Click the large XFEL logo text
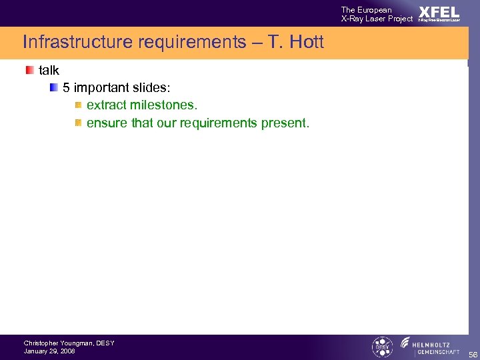(439, 12)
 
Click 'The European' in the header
(366, 9)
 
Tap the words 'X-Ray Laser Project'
(377, 19)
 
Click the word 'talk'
(49, 70)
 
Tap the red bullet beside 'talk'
(29, 70)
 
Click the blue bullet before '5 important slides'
(53, 87)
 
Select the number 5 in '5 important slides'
(66, 88)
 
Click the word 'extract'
(107, 105)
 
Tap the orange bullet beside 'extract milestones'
(78, 105)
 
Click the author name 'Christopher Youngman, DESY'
(69, 343)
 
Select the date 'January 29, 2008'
(49, 351)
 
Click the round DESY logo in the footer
(382, 347)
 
